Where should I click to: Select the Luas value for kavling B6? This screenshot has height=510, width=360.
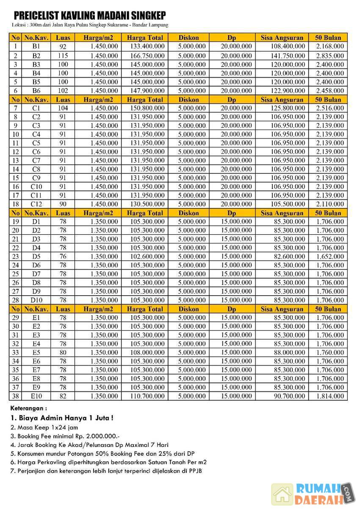pyautogui.click(x=63, y=91)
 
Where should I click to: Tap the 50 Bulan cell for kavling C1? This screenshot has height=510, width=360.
pyautogui.click(x=330, y=108)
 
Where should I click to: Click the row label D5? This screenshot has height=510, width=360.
pyautogui.click(x=36, y=257)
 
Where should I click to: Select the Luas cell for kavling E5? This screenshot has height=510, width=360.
pyautogui.click(x=63, y=352)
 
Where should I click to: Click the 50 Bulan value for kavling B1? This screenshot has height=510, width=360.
pyautogui.click(x=330, y=46)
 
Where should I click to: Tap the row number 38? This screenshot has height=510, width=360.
pyautogui.click(x=15, y=396)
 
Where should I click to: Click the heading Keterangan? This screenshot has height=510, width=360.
pyautogui.click(x=28, y=409)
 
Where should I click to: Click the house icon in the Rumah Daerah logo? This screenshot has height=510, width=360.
pyautogui.click(x=282, y=494)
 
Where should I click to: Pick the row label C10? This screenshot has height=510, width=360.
pyautogui.click(x=36, y=187)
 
